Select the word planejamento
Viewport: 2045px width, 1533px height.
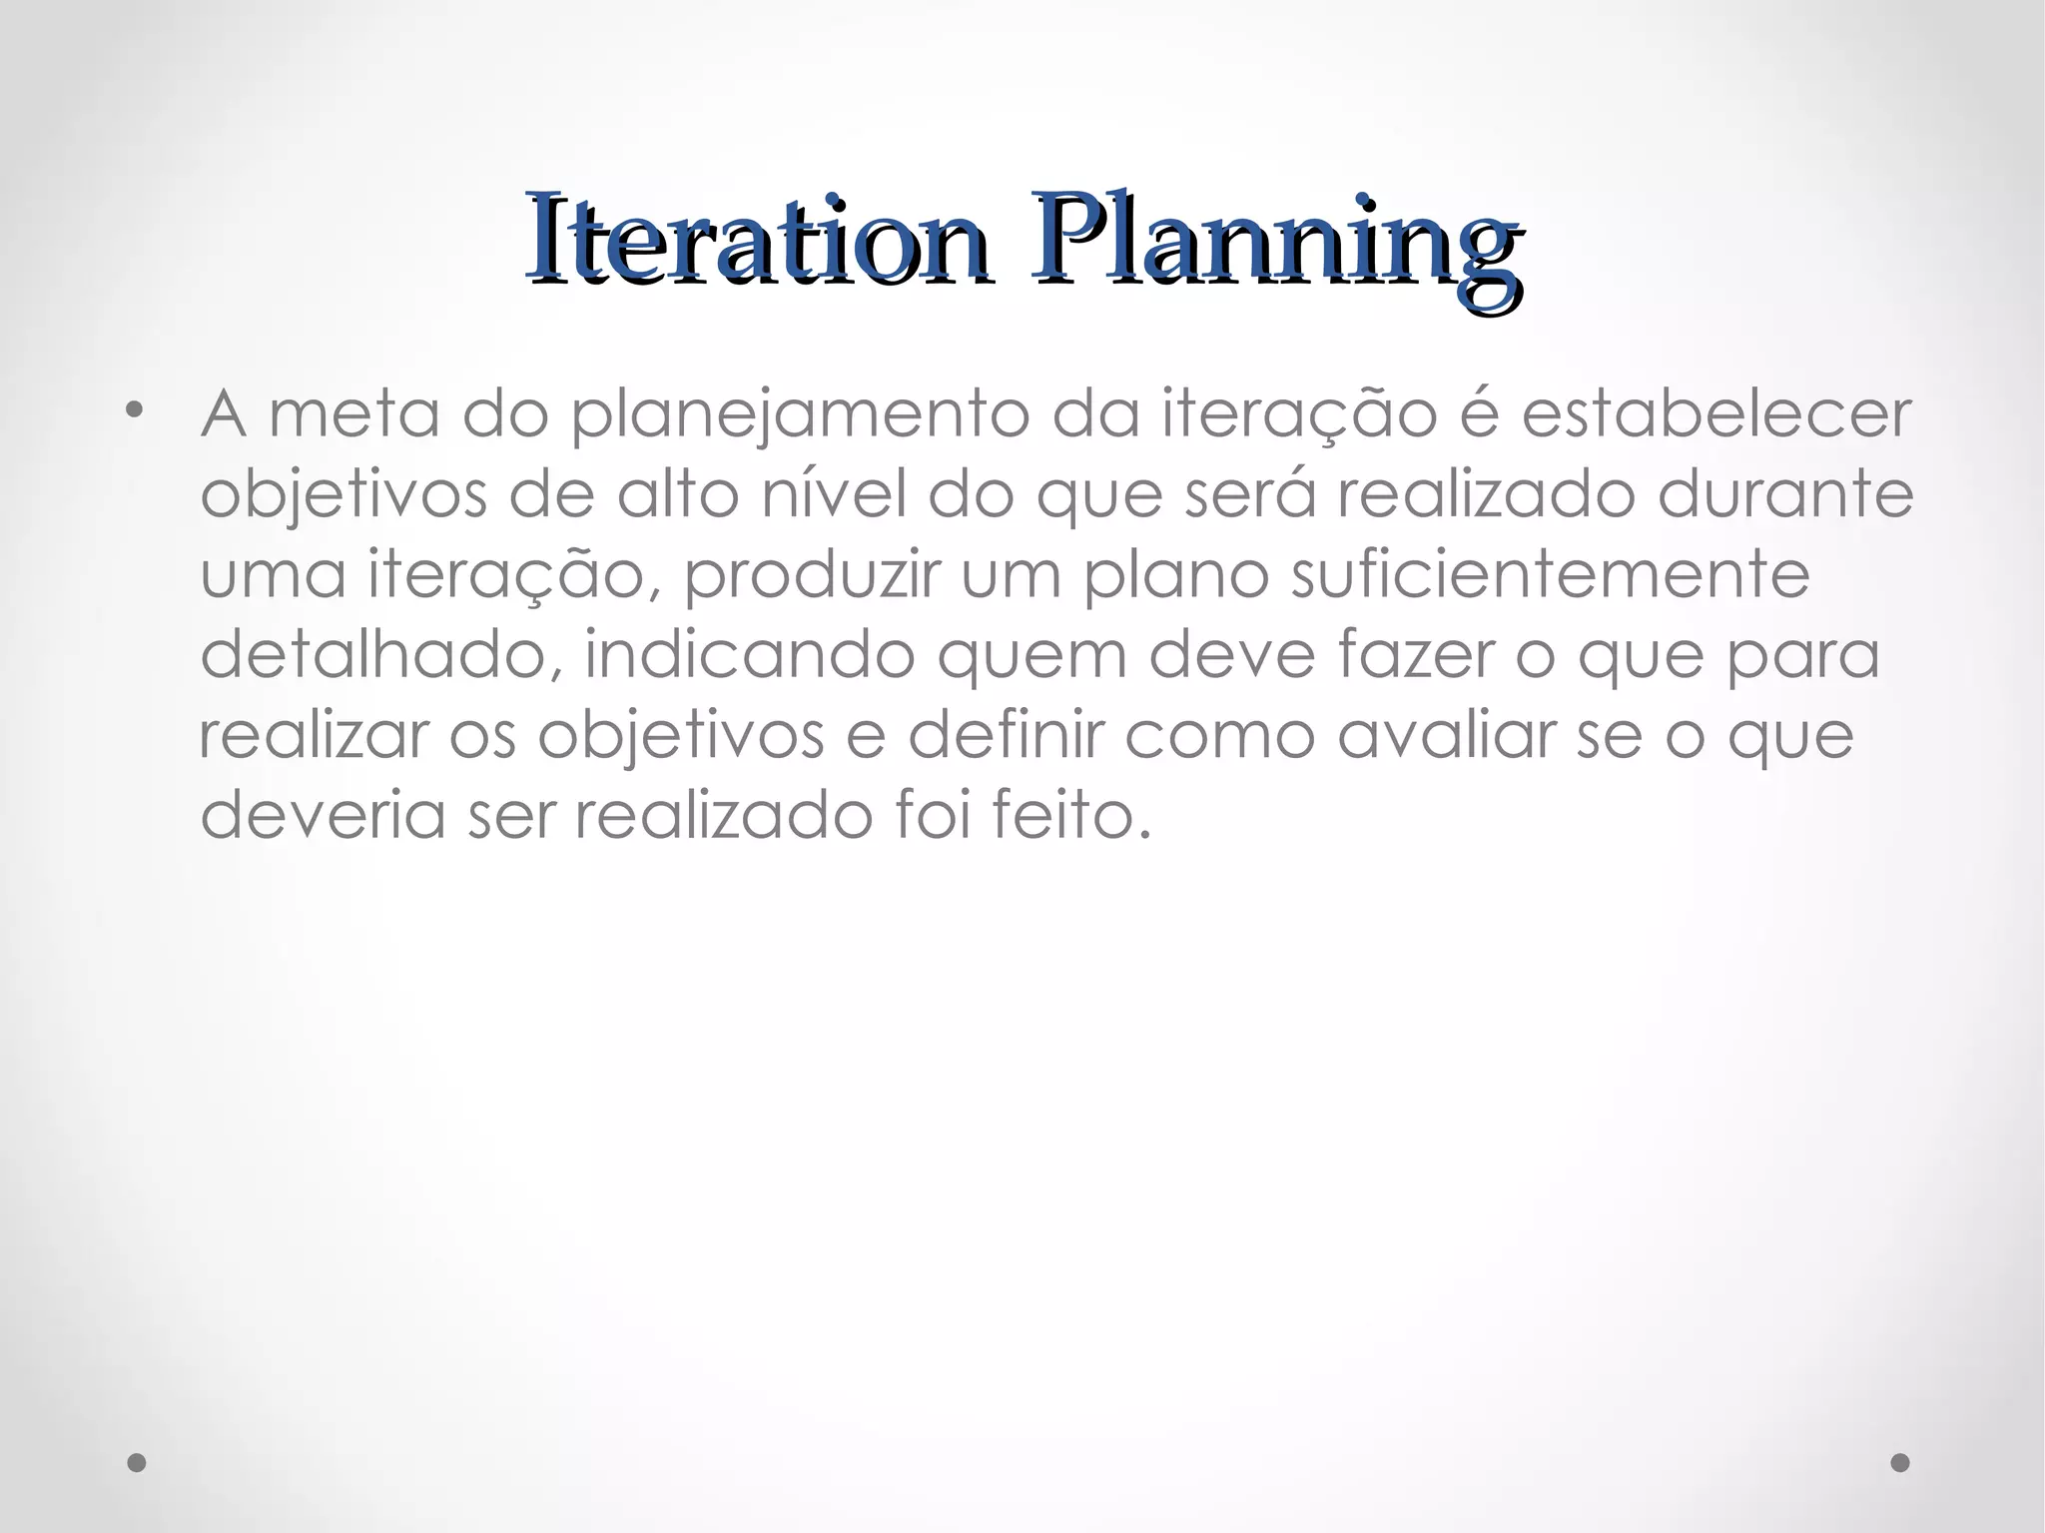(x=799, y=414)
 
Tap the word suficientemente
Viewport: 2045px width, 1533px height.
(x=1550, y=574)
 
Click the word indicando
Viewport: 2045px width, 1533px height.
(x=749, y=655)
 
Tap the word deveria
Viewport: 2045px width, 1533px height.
(x=323, y=816)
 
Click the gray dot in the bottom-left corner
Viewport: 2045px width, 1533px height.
(x=137, y=1462)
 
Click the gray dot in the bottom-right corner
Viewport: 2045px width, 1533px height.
(x=1900, y=1462)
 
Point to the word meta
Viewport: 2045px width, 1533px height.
(x=354, y=414)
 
